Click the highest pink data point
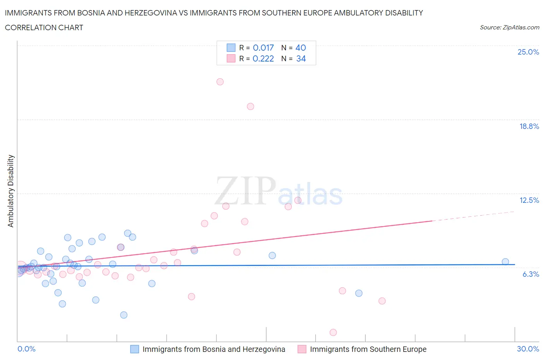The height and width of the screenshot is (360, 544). [220, 82]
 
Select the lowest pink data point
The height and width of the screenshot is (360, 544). [333, 333]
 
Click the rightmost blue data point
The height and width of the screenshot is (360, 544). [505, 262]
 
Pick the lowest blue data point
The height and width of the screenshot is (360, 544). [124, 315]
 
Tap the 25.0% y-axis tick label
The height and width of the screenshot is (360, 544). [528, 52]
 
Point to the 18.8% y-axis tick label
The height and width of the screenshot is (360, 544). [529, 127]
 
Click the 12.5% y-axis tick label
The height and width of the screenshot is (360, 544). [529, 201]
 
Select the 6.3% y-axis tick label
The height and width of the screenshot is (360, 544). [530, 274]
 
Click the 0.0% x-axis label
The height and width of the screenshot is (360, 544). [27, 349]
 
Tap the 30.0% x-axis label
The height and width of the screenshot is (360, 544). [528, 349]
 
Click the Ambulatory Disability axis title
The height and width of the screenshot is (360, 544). [11, 191]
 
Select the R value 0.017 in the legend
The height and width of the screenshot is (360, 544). [263, 48]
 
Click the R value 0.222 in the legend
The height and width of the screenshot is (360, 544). [263, 59]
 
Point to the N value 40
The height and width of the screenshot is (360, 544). [301, 48]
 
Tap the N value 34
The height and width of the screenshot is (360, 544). [301, 59]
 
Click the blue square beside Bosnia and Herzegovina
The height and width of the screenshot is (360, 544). [134, 349]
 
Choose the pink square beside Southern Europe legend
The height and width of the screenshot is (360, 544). [302, 349]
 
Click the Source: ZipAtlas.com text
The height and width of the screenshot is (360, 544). [509, 27]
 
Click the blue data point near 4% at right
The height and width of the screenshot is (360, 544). [359, 293]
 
